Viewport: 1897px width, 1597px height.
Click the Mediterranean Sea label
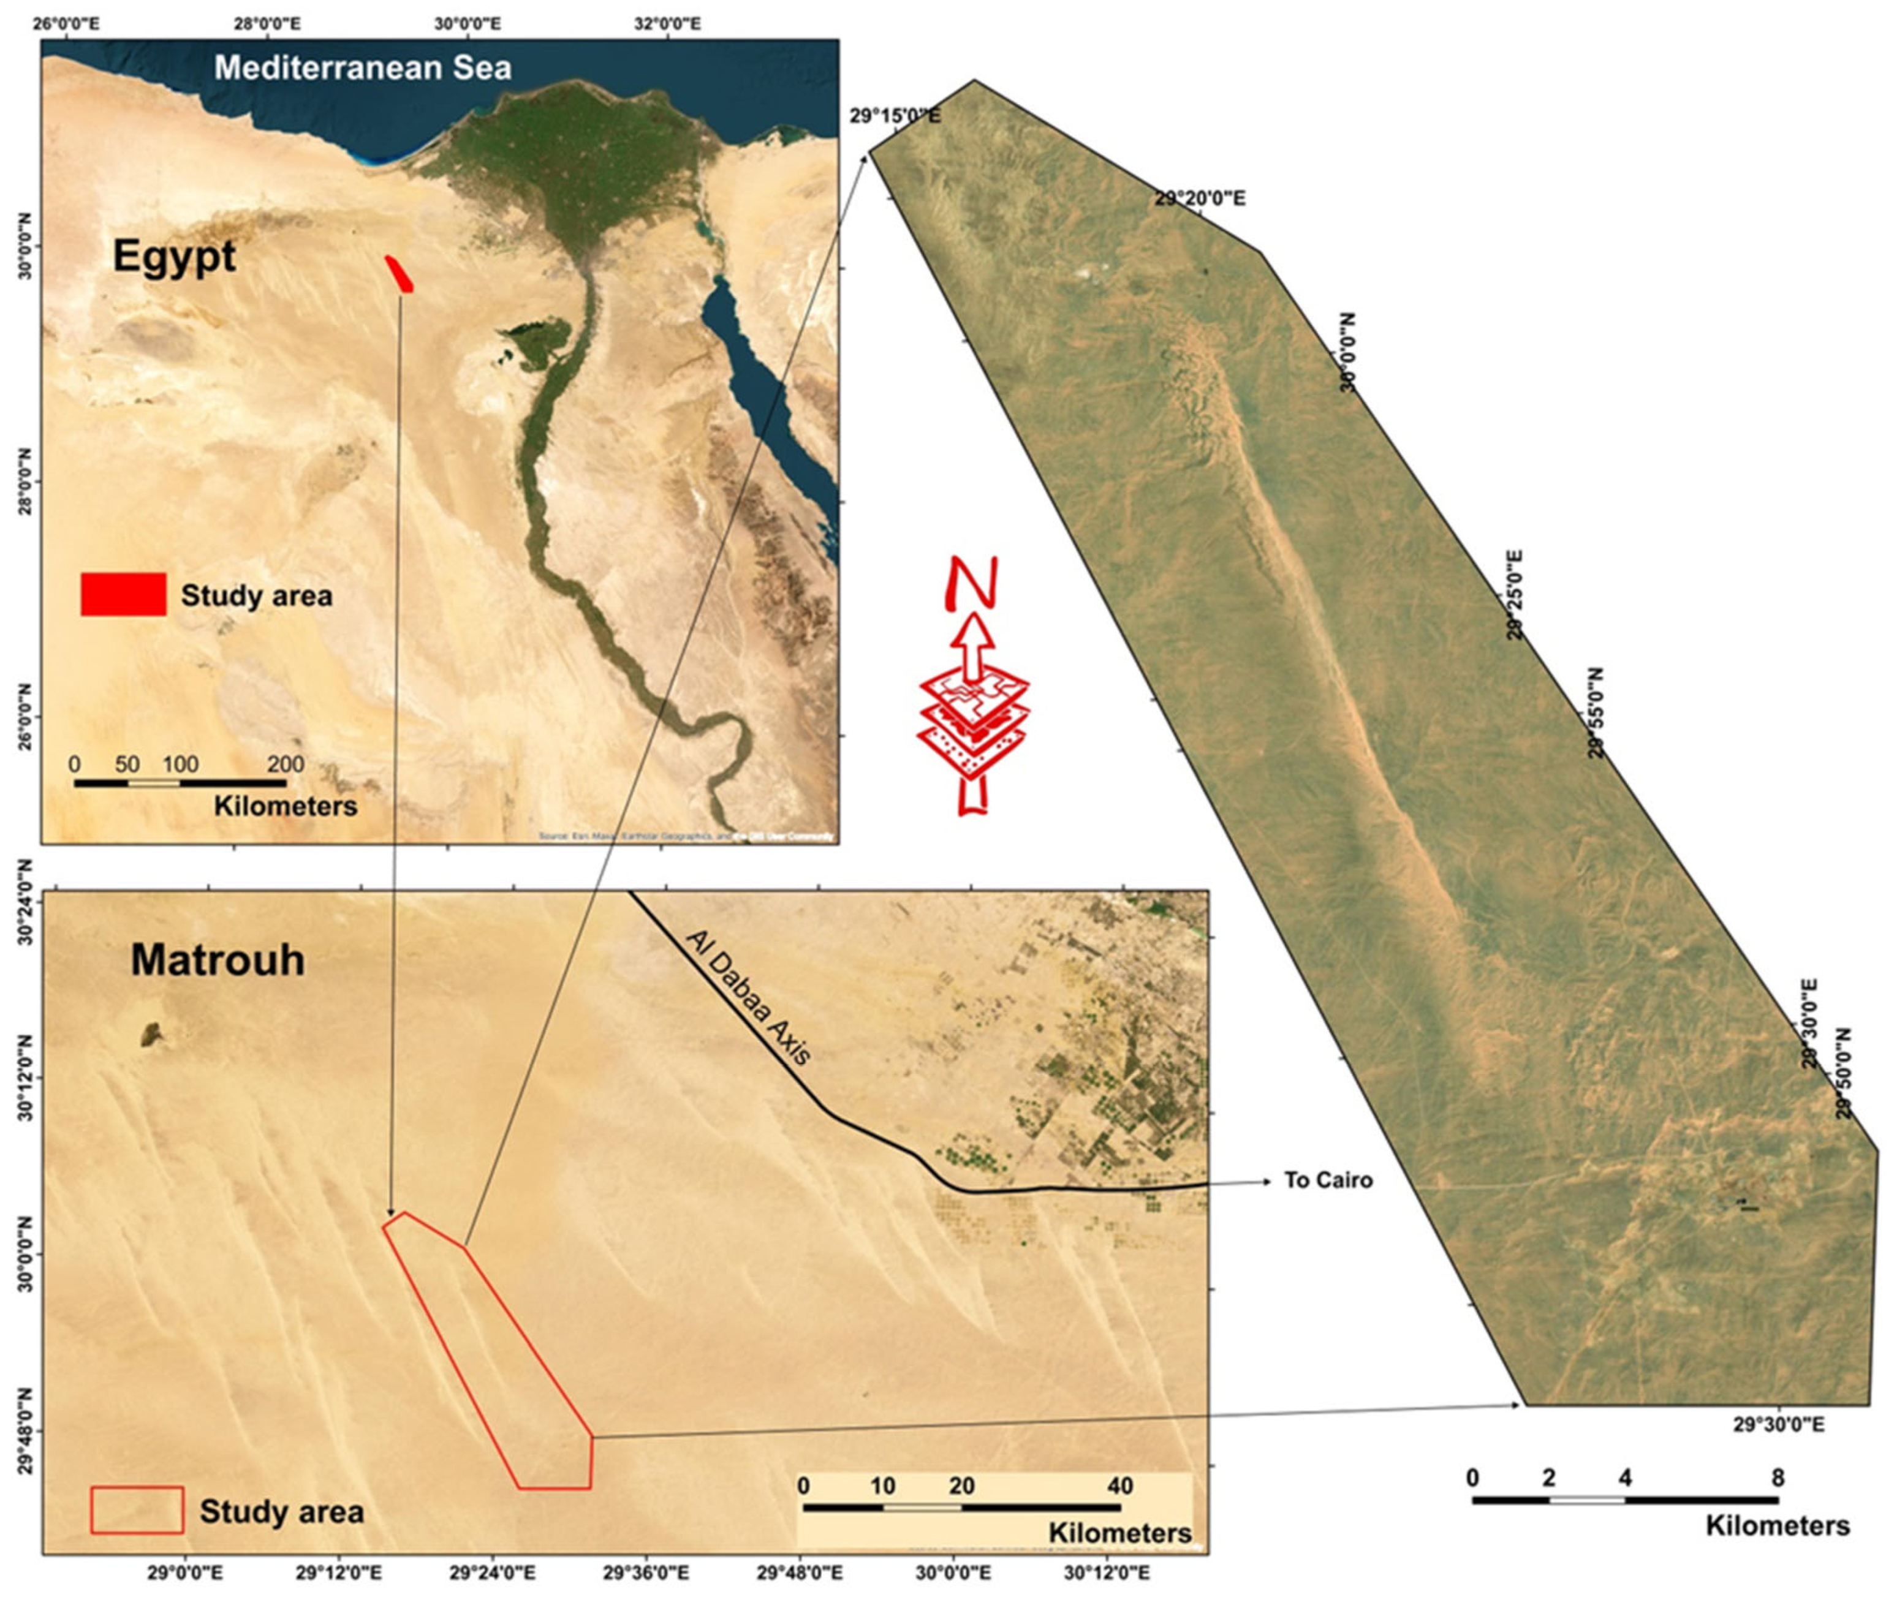pyautogui.click(x=362, y=68)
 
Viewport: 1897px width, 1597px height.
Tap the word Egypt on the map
pyautogui.click(x=174, y=257)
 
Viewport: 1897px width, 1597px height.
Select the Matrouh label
pyautogui.click(x=218, y=960)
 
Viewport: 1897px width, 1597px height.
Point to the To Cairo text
pyautogui.click(x=1327, y=1180)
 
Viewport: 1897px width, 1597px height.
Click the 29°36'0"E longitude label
pyautogui.click(x=646, y=1572)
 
